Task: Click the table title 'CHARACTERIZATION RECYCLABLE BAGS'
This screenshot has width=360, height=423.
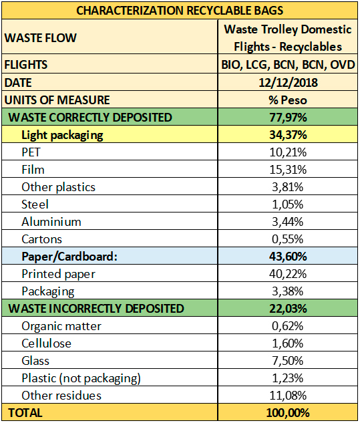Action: (180, 10)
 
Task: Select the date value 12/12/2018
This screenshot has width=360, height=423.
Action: (288, 82)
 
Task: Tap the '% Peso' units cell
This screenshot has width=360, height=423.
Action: (288, 100)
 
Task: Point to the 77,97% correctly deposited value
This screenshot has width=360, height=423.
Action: (288, 118)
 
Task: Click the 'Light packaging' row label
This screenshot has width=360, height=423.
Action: (62, 135)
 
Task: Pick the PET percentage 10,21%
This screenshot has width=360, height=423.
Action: (288, 152)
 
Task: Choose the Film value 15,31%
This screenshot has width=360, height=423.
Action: (288, 170)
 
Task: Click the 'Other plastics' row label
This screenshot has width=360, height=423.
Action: (58, 187)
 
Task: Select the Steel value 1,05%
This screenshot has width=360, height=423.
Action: (287, 204)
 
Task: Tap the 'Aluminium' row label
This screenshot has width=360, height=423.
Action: (51, 222)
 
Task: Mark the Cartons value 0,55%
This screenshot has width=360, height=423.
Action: (287, 239)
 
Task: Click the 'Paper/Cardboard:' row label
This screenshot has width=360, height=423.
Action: (69, 257)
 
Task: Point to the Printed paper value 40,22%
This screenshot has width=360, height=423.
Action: (288, 274)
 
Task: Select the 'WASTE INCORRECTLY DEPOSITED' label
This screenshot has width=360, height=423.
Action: (96, 308)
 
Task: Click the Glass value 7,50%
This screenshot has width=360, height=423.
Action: (287, 361)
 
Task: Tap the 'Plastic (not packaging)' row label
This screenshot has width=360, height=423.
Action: (81, 378)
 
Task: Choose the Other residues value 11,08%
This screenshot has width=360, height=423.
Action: (288, 396)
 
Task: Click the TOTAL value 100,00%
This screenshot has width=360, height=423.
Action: (288, 413)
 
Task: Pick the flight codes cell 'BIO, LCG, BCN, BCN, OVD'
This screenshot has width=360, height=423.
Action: (288, 65)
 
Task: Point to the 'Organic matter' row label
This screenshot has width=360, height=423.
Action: (61, 326)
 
